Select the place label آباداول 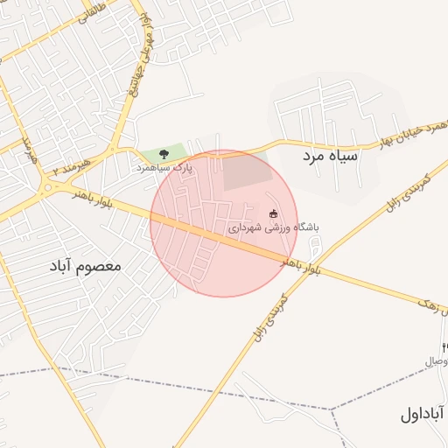click(x=423, y=413)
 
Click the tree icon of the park click(x=164, y=152)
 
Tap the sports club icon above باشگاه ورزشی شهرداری click(x=273, y=213)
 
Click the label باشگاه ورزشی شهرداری click(x=275, y=227)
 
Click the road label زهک click(x=434, y=306)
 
